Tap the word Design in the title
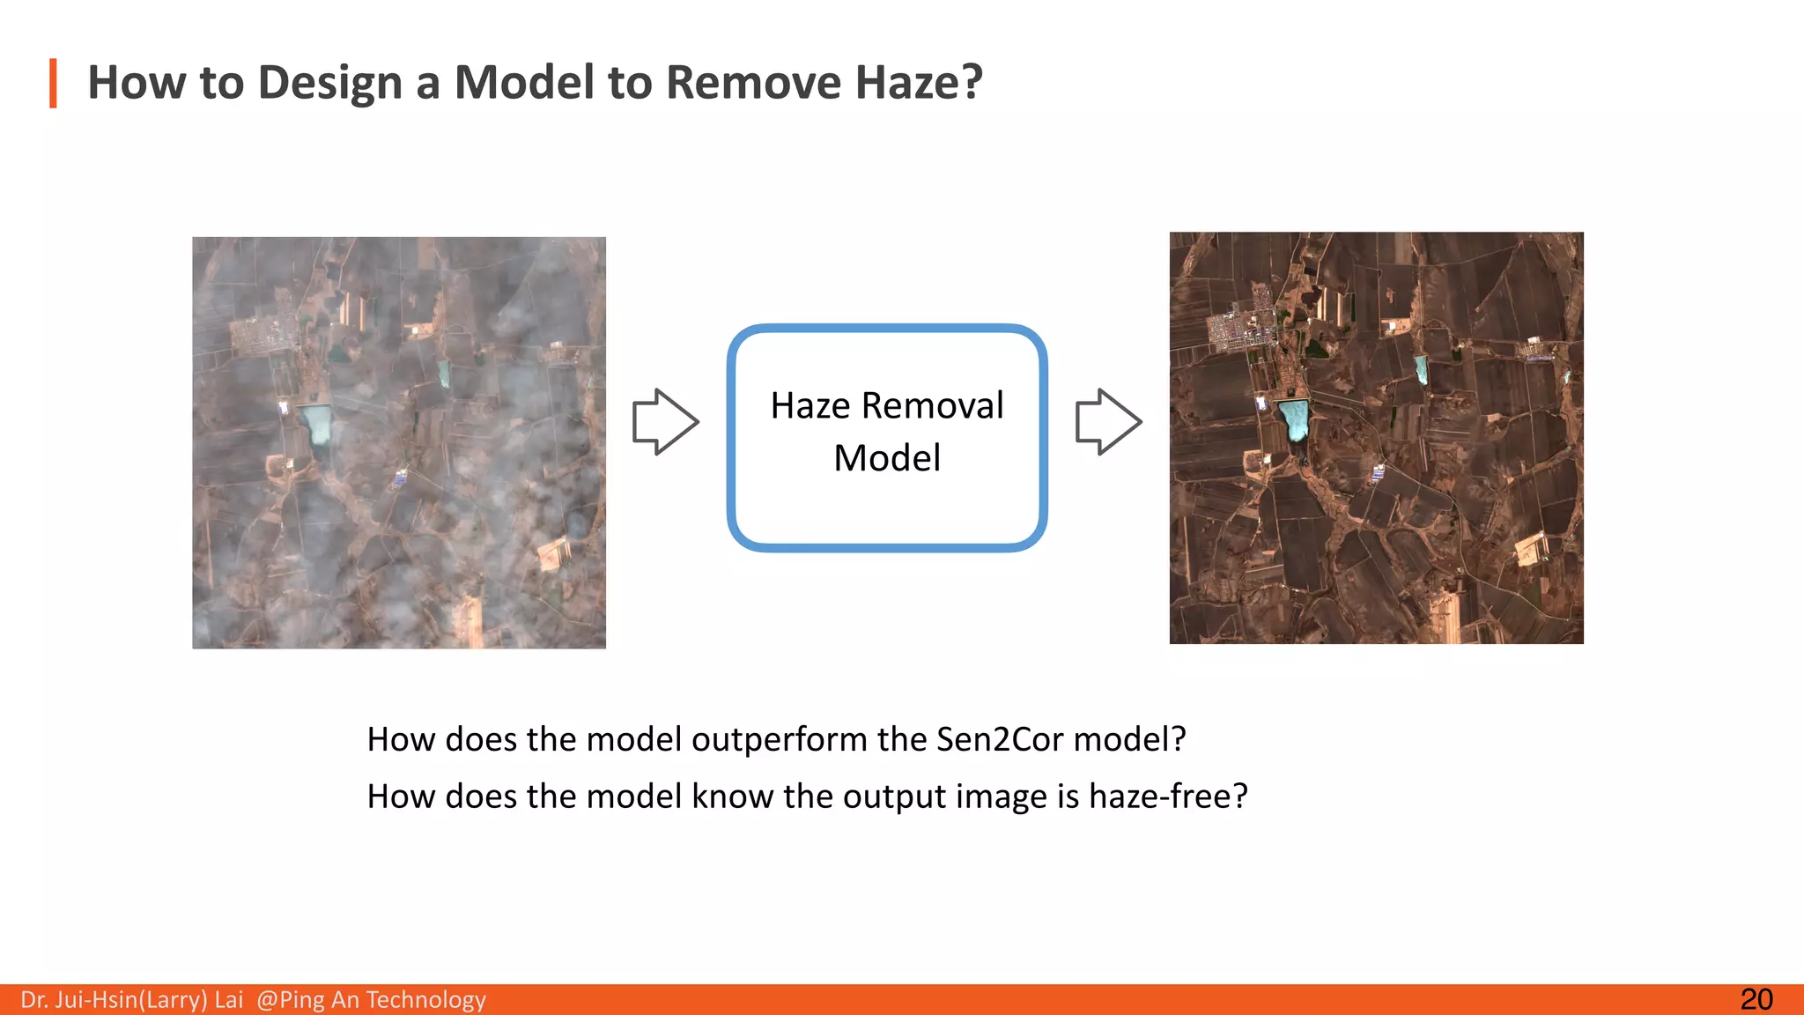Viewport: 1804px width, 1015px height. coord(330,84)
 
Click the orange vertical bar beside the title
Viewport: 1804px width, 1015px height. coord(54,83)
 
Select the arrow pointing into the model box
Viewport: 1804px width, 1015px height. coord(666,422)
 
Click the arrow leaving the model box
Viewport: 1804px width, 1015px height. coord(1109,422)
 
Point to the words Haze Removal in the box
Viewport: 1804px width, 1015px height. coord(886,406)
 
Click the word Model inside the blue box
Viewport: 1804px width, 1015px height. coord(887,458)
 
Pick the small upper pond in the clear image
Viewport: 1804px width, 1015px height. coord(1421,368)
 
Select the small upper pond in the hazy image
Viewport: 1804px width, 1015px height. coord(444,373)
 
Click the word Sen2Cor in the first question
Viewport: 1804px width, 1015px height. coord(1000,739)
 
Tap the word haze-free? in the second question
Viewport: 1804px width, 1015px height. coord(1168,796)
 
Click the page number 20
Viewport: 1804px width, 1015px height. coord(1756,999)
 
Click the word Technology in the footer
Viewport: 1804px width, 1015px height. coord(425,1000)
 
